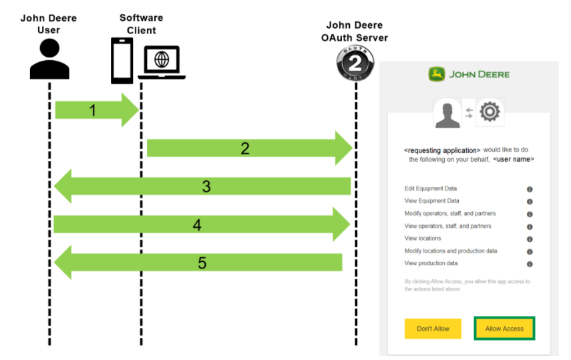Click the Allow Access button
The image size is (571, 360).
(x=504, y=329)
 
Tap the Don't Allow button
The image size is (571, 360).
(x=433, y=329)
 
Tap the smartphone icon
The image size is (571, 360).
(x=122, y=61)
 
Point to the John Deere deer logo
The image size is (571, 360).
(x=437, y=74)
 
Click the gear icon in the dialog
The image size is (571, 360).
(x=490, y=112)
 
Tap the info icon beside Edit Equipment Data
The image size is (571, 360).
(x=530, y=189)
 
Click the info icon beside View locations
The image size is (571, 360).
(x=530, y=239)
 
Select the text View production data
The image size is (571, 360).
(x=431, y=264)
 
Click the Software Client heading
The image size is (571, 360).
(x=142, y=23)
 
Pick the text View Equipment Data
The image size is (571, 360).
(x=432, y=201)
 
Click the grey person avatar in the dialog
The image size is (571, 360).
(x=448, y=113)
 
